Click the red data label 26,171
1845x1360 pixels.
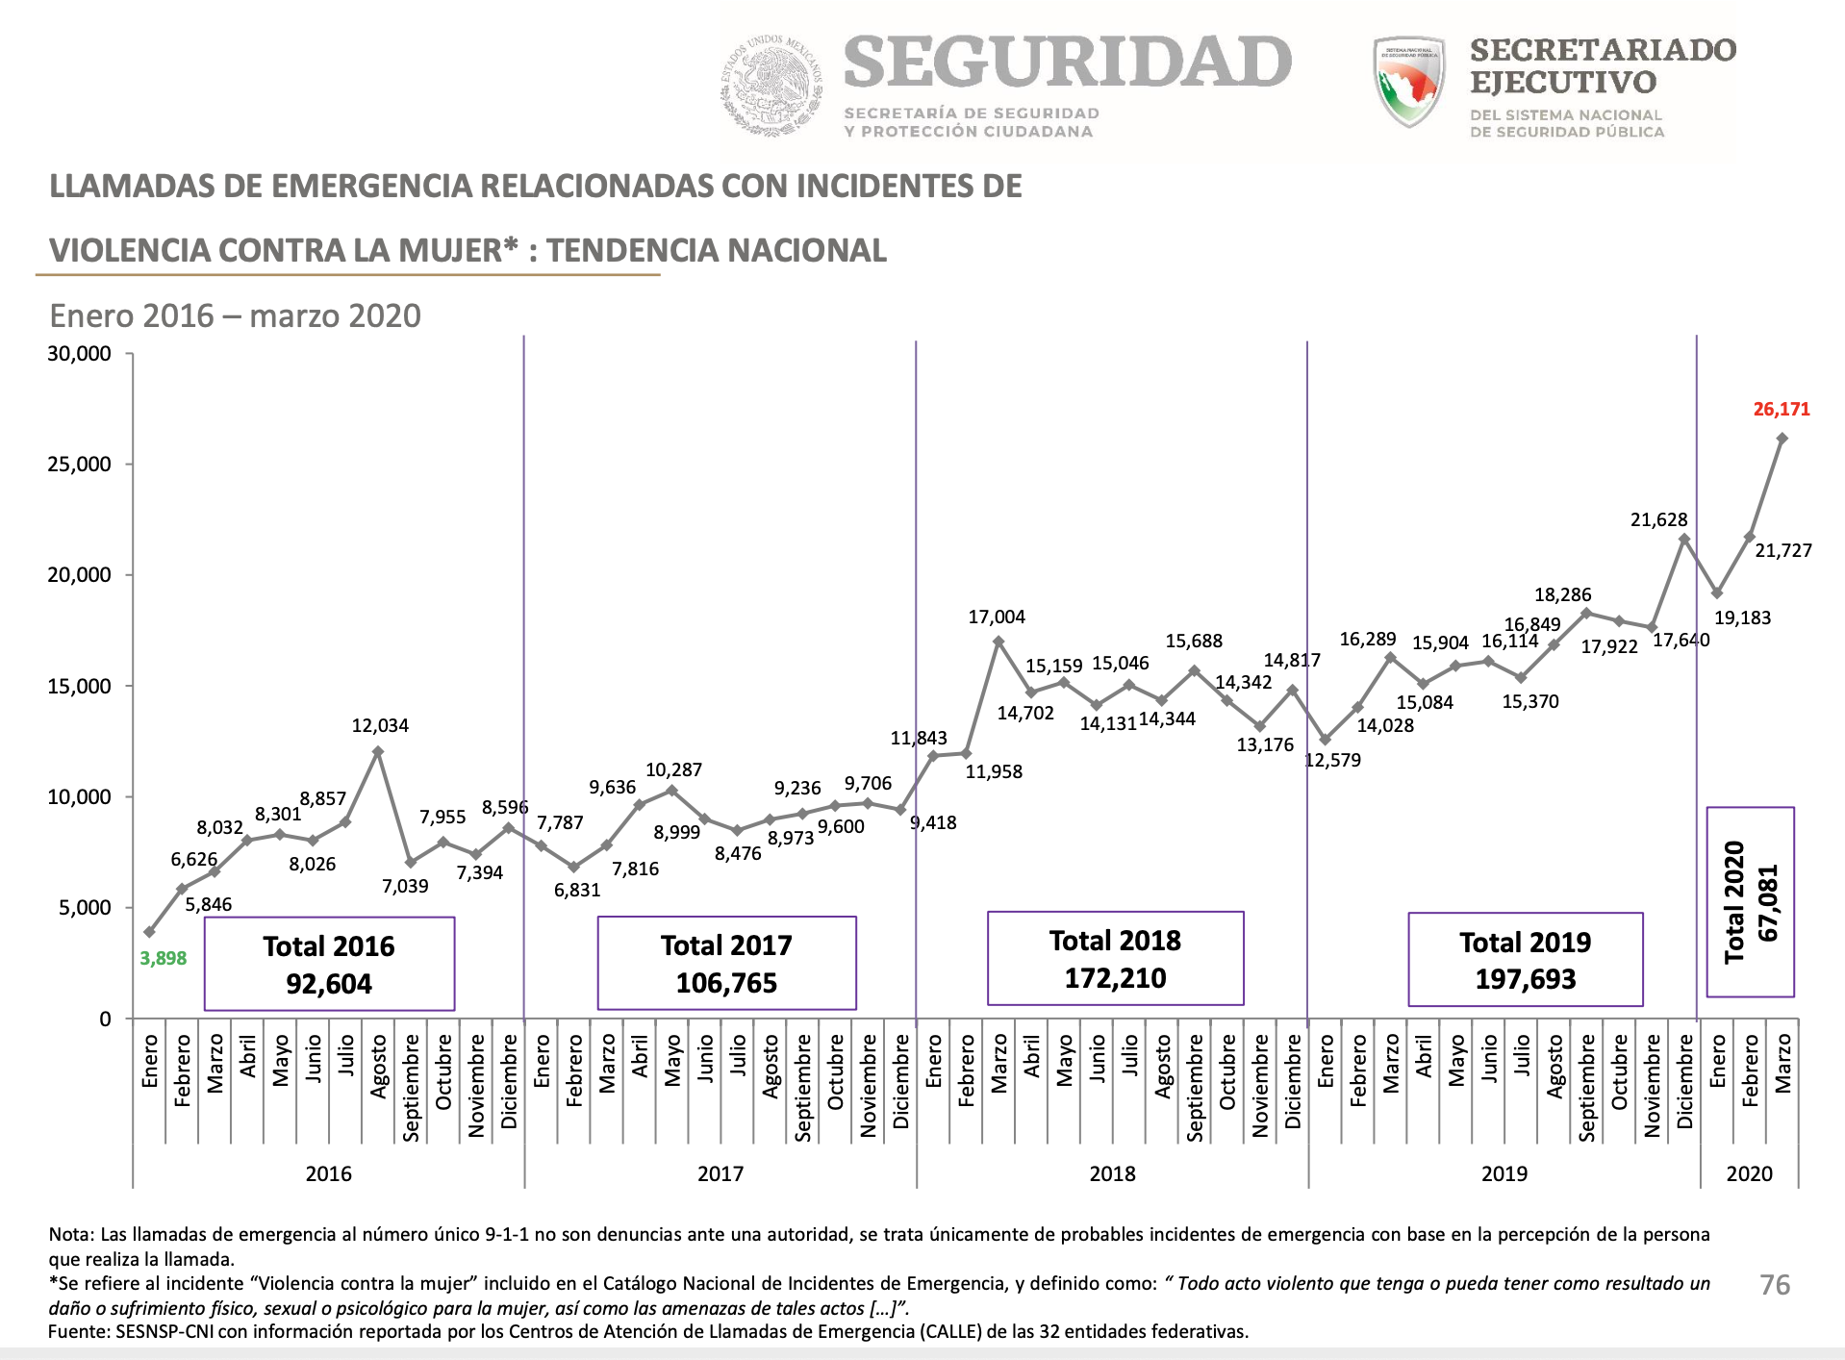pyautogui.click(x=1781, y=410)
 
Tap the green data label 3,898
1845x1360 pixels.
pyautogui.click(x=164, y=958)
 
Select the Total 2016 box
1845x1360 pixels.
pyautogui.click(x=329, y=964)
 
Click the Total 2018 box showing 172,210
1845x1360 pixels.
pyautogui.click(x=1115, y=959)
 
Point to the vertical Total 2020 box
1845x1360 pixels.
pyautogui.click(x=1750, y=902)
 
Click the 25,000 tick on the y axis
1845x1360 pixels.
pyautogui.click(x=80, y=465)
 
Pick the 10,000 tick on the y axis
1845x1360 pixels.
pyautogui.click(x=80, y=797)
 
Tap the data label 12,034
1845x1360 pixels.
pyautogui.click(x=380, y=726)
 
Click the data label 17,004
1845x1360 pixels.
pyautogui.click(x=997, y=617)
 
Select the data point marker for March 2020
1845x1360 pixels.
pyautogui.click(x=1782, y=439)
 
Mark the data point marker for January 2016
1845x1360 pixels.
pyautogui.click(x=149, y=932)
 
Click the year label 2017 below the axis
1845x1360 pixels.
pyautogui.click(x=720, y=1173)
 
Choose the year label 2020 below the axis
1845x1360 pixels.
pyautogui.click(x=1749, y=1173)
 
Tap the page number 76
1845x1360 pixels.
pyautogui.click(x=1775, y=1285)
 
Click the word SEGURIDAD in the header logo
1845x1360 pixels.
pyautogui.click(x=1068, y=63)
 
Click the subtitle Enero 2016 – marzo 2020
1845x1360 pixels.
pyautogui.click(x=236, y=315)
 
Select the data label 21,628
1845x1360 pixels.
pyautogui.click(x=1658, y=520)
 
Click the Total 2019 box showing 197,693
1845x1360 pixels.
pyautogui.click(x=1525, y=960)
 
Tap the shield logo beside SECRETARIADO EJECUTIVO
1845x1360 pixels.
pyautogui.click(x=1409, y=82)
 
